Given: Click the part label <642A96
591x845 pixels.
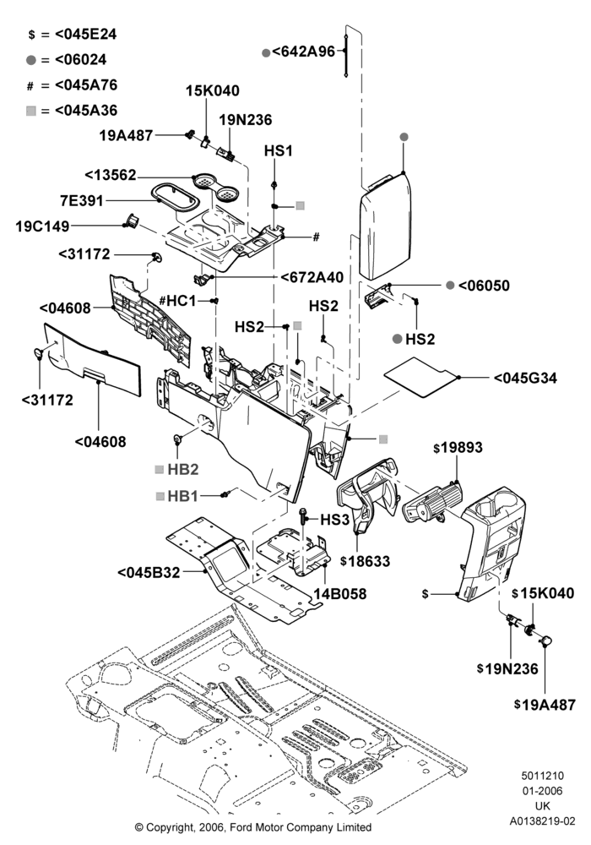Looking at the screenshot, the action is (304, 52).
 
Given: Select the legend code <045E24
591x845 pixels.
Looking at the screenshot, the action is (85, 34).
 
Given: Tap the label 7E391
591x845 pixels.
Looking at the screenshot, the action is (82, 201).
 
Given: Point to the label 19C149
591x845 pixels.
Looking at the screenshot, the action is (42, 226).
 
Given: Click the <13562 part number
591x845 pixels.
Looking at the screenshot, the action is (111, 176).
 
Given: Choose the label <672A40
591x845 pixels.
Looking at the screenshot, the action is (312, 277).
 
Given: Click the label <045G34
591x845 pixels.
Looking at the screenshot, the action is (525, 378).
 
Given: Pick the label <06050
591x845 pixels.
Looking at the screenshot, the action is (484, 285).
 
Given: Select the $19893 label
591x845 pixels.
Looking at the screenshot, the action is (458, 447).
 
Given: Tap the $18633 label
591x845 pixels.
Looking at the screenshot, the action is (366, 561).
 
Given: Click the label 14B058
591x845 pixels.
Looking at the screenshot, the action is (340, 594).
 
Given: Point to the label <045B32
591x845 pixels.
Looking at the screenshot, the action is (149, 572).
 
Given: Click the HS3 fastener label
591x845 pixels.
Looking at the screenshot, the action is (335, 520).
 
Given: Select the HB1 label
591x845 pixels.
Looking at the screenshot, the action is (183, 496).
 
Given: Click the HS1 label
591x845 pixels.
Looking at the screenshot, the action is (279, 151).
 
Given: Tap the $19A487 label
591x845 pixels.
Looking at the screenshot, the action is (545, 705).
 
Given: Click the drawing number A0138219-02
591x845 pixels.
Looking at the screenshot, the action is (542, 821).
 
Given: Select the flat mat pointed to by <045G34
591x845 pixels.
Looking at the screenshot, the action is (421, 377).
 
